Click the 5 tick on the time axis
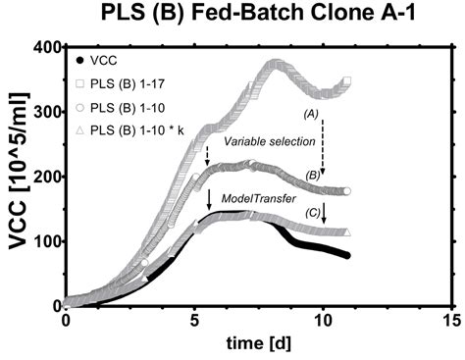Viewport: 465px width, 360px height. (194, 320)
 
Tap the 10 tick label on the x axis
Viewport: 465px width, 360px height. (323, 320)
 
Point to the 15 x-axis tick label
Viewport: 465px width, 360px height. (451, 320)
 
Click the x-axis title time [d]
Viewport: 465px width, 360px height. (258, 344)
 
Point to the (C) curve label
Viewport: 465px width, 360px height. (312, 213)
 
